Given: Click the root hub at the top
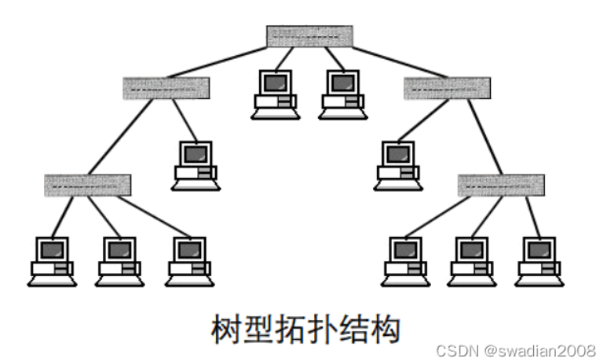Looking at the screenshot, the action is [x=309, y=36].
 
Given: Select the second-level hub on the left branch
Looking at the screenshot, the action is [x=166, y=88].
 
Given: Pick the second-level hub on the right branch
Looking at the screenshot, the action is [x=447, y=88].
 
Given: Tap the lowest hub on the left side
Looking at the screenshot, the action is [x=87, y=186].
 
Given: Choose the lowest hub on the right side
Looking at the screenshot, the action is [x=501, y=186].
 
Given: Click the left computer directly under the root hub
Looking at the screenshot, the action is [x=276, y=94].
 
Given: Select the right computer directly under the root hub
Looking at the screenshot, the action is [x=342, y=94].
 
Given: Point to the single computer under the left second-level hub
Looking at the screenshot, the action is [x=196, y=166].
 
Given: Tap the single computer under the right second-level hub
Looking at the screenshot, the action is [x=398, y=166].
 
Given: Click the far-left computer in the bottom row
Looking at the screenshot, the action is [x=52, y=262].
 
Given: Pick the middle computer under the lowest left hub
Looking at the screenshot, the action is [x=119, y=262].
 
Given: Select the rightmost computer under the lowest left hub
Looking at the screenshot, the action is [x=190, y=262].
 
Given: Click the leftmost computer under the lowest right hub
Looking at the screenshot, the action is [x=405, y=262].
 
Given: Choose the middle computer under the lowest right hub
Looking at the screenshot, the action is [x=472, y=262].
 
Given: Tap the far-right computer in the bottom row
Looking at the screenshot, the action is [x=539, y=262].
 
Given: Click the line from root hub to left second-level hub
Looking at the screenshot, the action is [x=217, y=62].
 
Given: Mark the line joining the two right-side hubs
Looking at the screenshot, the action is [x=485, y=137].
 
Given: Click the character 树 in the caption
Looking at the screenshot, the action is [x=227, y=329].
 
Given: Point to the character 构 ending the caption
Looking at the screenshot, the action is [x=384, y=329].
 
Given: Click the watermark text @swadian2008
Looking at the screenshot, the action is [x=539, y=351].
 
